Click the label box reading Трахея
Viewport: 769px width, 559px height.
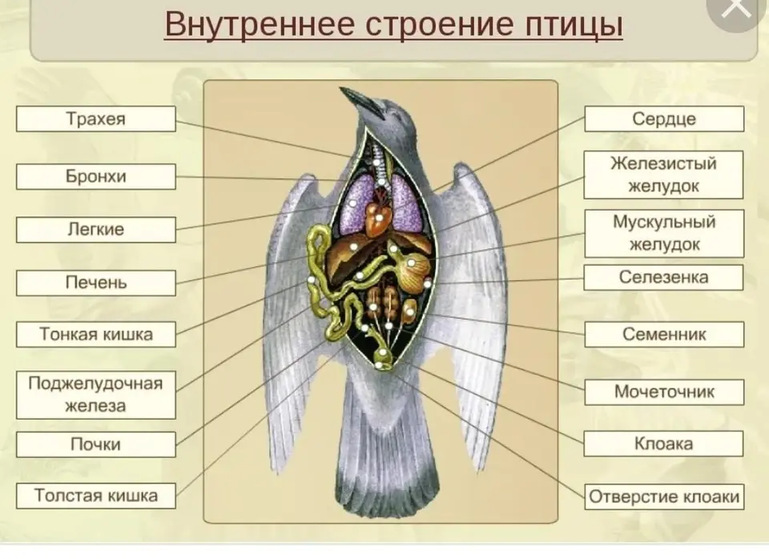(95, 119)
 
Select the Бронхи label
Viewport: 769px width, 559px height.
(95, 176)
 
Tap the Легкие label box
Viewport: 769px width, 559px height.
(95, 230)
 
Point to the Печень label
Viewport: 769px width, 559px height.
(95, 283)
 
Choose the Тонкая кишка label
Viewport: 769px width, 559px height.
(95, 335)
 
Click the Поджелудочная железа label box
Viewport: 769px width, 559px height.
(95, 395)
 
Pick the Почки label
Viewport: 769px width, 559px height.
(95, 444)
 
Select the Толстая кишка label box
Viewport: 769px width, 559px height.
(95, 496)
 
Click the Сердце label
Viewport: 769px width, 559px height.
(664, 119)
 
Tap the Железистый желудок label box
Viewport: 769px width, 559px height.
(663, 175)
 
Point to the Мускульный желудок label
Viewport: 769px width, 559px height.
(664, 233)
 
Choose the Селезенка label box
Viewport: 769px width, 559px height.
(663, 278)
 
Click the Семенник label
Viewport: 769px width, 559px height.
(664, 335)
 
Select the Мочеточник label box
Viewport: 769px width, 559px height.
(664, 392)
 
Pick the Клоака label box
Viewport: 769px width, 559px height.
(663, 444)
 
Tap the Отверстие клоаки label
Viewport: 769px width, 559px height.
(664, 497)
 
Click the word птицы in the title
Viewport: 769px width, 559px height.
(574, 25)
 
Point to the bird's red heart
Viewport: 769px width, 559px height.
(378, 215)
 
